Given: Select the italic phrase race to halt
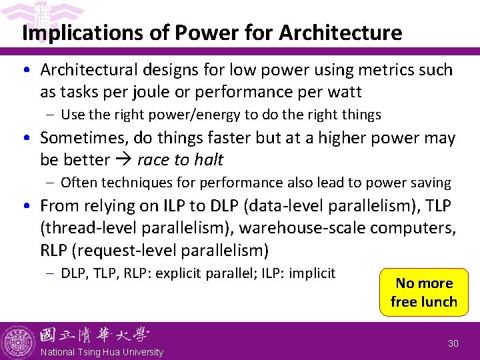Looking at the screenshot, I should (x=180, y=159).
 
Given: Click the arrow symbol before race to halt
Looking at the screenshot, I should (x=123, y=160).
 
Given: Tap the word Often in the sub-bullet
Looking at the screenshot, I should (x=79, y=183).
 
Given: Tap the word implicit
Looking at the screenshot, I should (x=312, y=273).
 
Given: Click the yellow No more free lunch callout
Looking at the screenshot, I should (x=423, y=292).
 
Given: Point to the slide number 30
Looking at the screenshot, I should (x=453, y=343).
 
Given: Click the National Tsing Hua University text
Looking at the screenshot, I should (x=101, y=352).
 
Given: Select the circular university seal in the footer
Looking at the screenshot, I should (x=19, y=341).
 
